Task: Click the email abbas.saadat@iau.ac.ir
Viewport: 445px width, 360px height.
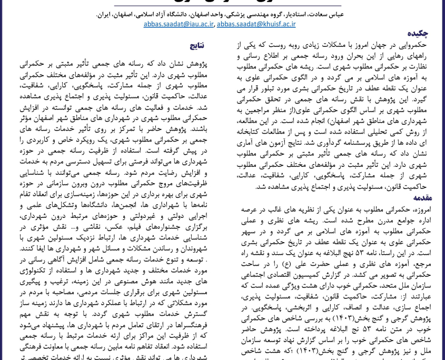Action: tap(179, 24)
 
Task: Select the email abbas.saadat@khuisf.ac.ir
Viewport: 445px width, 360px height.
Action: tap(256, 24)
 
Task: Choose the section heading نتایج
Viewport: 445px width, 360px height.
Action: tap(196, 46)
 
